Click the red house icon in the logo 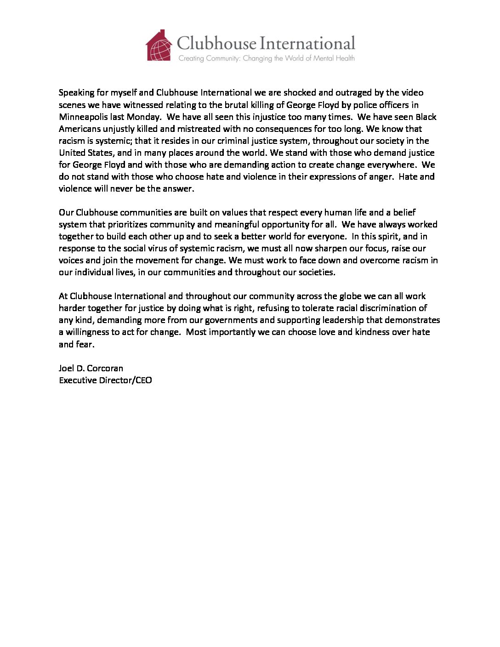coord(159,45)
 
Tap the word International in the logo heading coord(307,43)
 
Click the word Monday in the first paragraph coord(143,117)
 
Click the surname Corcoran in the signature coord(105,368)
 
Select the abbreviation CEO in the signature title coord(143,380)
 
